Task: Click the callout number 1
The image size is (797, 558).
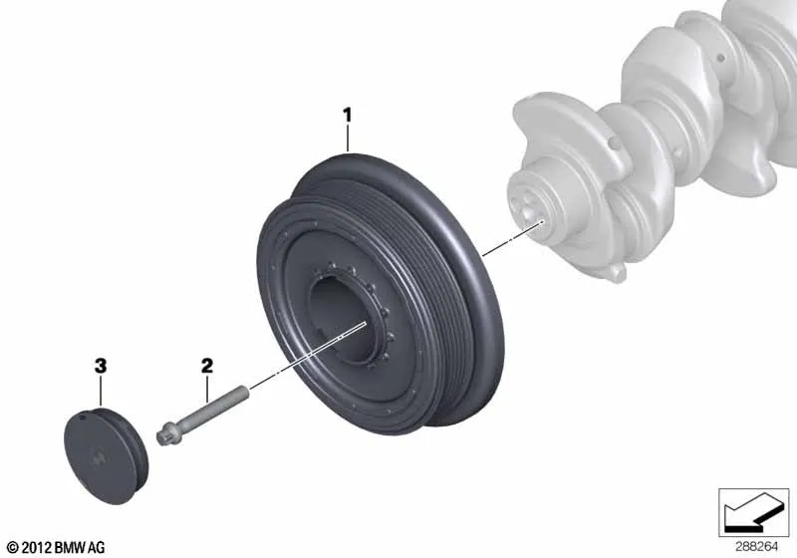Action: (347, 115)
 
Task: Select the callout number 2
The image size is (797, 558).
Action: (207, 366)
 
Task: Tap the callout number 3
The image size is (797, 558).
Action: (101, 366)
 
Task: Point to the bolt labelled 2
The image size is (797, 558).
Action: (203, 416)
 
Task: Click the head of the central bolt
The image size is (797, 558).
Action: (164, 436)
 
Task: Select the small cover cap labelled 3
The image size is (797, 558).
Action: (107, 456)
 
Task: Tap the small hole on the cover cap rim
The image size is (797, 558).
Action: (83, 418)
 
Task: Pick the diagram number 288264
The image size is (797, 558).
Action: (756, 547)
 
